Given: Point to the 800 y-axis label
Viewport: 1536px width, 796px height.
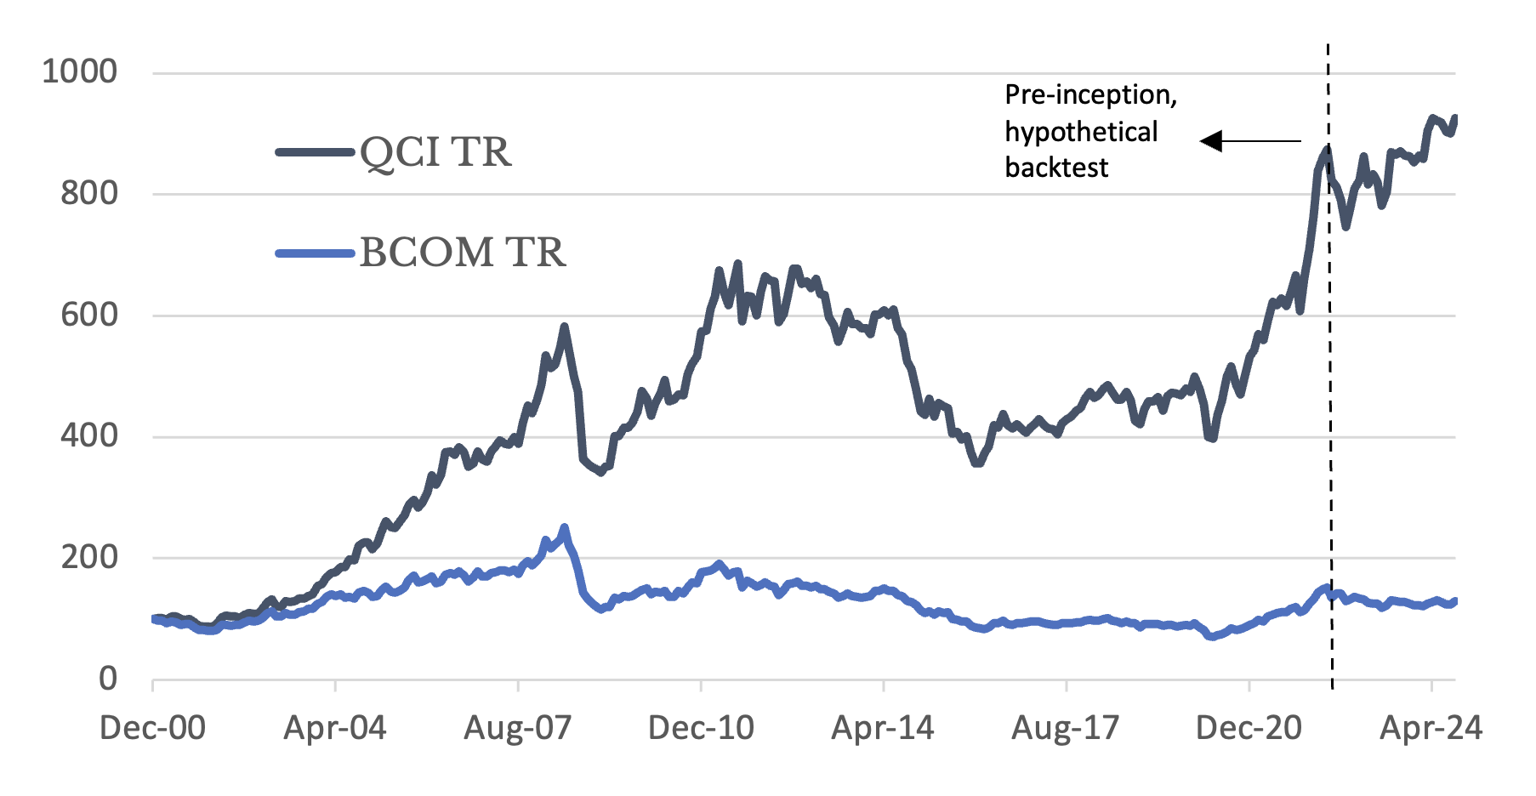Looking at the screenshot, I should point(88,194).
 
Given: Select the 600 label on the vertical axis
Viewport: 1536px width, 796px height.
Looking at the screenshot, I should point(88,316).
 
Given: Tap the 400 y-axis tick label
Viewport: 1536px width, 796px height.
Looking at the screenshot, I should point(88,436).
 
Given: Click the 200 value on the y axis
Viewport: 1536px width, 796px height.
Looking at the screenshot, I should point(88,558).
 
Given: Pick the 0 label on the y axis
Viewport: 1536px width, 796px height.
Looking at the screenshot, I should point(108,679).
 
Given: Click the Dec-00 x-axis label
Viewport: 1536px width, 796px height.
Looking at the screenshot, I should point(152,729).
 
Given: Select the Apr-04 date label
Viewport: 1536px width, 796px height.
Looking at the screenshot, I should point(335,729).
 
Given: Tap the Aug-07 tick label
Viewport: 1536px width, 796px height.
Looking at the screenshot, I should point(517,729).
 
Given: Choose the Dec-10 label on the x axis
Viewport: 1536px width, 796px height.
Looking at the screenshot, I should point(701,729).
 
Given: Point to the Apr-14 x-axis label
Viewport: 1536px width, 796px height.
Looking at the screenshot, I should point(883,729).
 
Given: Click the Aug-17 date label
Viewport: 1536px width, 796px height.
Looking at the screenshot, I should point(1065,729).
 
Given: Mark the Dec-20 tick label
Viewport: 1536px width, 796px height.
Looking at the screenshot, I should point(1249,729).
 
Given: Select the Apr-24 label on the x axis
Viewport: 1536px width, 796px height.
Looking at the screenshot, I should point(1431,729).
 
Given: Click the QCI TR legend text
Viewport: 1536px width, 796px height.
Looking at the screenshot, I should point(435,154).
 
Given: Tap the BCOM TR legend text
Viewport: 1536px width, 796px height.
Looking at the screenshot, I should point(463,253).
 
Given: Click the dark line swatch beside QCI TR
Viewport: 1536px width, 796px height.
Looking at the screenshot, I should point(315,153).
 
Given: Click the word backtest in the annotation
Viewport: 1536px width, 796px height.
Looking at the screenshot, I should point(1056,168).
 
